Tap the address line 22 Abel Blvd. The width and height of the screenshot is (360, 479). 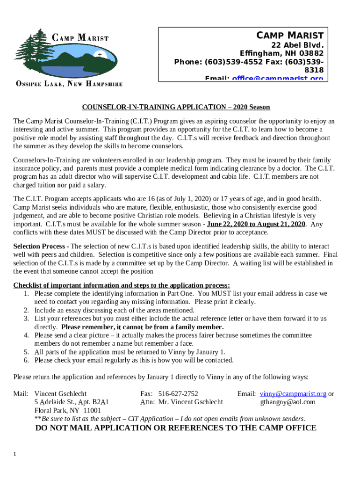tap(297, 45)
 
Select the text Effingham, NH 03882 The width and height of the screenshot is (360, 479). tap(281, 53)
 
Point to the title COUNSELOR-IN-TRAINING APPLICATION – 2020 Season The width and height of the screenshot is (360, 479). tap(176, 107)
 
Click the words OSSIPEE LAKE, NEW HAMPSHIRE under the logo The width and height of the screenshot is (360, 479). tap(69, 84)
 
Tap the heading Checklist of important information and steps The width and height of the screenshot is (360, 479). tap(121, 285)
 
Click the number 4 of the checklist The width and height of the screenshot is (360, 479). tap(27, 335)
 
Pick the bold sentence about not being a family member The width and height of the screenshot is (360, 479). tap(143, 327)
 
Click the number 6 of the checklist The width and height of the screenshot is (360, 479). tap(27, 360)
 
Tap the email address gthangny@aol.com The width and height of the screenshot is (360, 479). tap(288, 402)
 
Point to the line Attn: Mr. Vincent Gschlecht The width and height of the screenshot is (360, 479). tap(181, 402)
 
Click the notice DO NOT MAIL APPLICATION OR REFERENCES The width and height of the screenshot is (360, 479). tap(176, 428)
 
